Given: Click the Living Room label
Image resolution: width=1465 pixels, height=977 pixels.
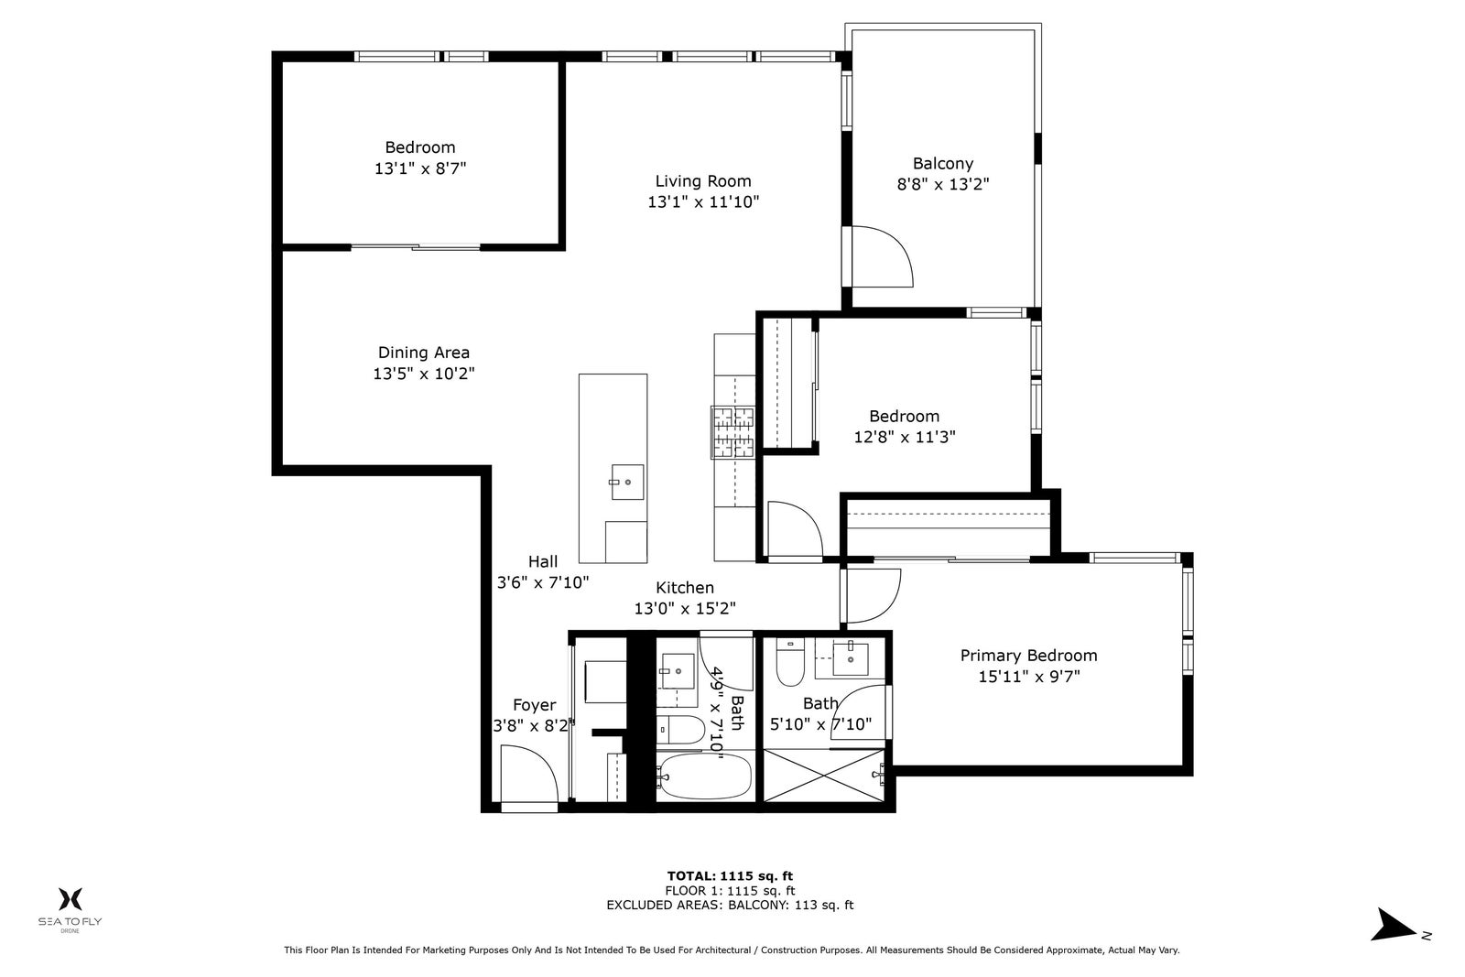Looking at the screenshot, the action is [x=703, y=181].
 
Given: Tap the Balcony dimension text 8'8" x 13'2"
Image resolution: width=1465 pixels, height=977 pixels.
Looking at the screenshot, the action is [x=942, y=184].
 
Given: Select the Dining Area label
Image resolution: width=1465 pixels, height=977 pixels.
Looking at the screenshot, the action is [x=424, y=353].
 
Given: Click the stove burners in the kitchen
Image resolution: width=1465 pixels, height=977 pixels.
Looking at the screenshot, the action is [x=733, y=432].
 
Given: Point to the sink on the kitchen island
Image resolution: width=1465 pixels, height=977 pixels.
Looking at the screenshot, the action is [x=627, y=482].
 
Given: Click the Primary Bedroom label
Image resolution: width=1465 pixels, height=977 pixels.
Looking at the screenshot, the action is [x=1028, y=656].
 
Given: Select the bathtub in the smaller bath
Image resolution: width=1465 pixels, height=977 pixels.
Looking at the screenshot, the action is [x=704, y=776].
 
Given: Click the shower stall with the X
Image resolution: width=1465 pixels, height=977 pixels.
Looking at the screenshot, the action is [x=824, y=776].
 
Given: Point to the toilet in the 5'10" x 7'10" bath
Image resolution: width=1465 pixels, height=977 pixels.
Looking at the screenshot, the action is [x=790, y=661].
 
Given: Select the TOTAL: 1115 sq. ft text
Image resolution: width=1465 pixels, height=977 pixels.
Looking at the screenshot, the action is [x=730, y=875].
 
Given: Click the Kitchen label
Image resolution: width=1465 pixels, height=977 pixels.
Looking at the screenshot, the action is [x=685, y=587].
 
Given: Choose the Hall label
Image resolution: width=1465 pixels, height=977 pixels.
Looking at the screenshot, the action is [x=543, y=561].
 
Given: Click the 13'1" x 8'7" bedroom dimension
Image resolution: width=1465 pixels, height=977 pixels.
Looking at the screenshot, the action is [x=420, y=168].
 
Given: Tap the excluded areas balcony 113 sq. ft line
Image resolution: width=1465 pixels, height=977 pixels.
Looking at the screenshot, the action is [x=730, y=905].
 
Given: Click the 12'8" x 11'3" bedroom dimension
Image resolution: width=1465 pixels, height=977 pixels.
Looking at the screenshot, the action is [x=905, y=437].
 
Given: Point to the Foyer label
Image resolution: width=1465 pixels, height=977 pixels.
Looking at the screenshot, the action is [x=535, y=705].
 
